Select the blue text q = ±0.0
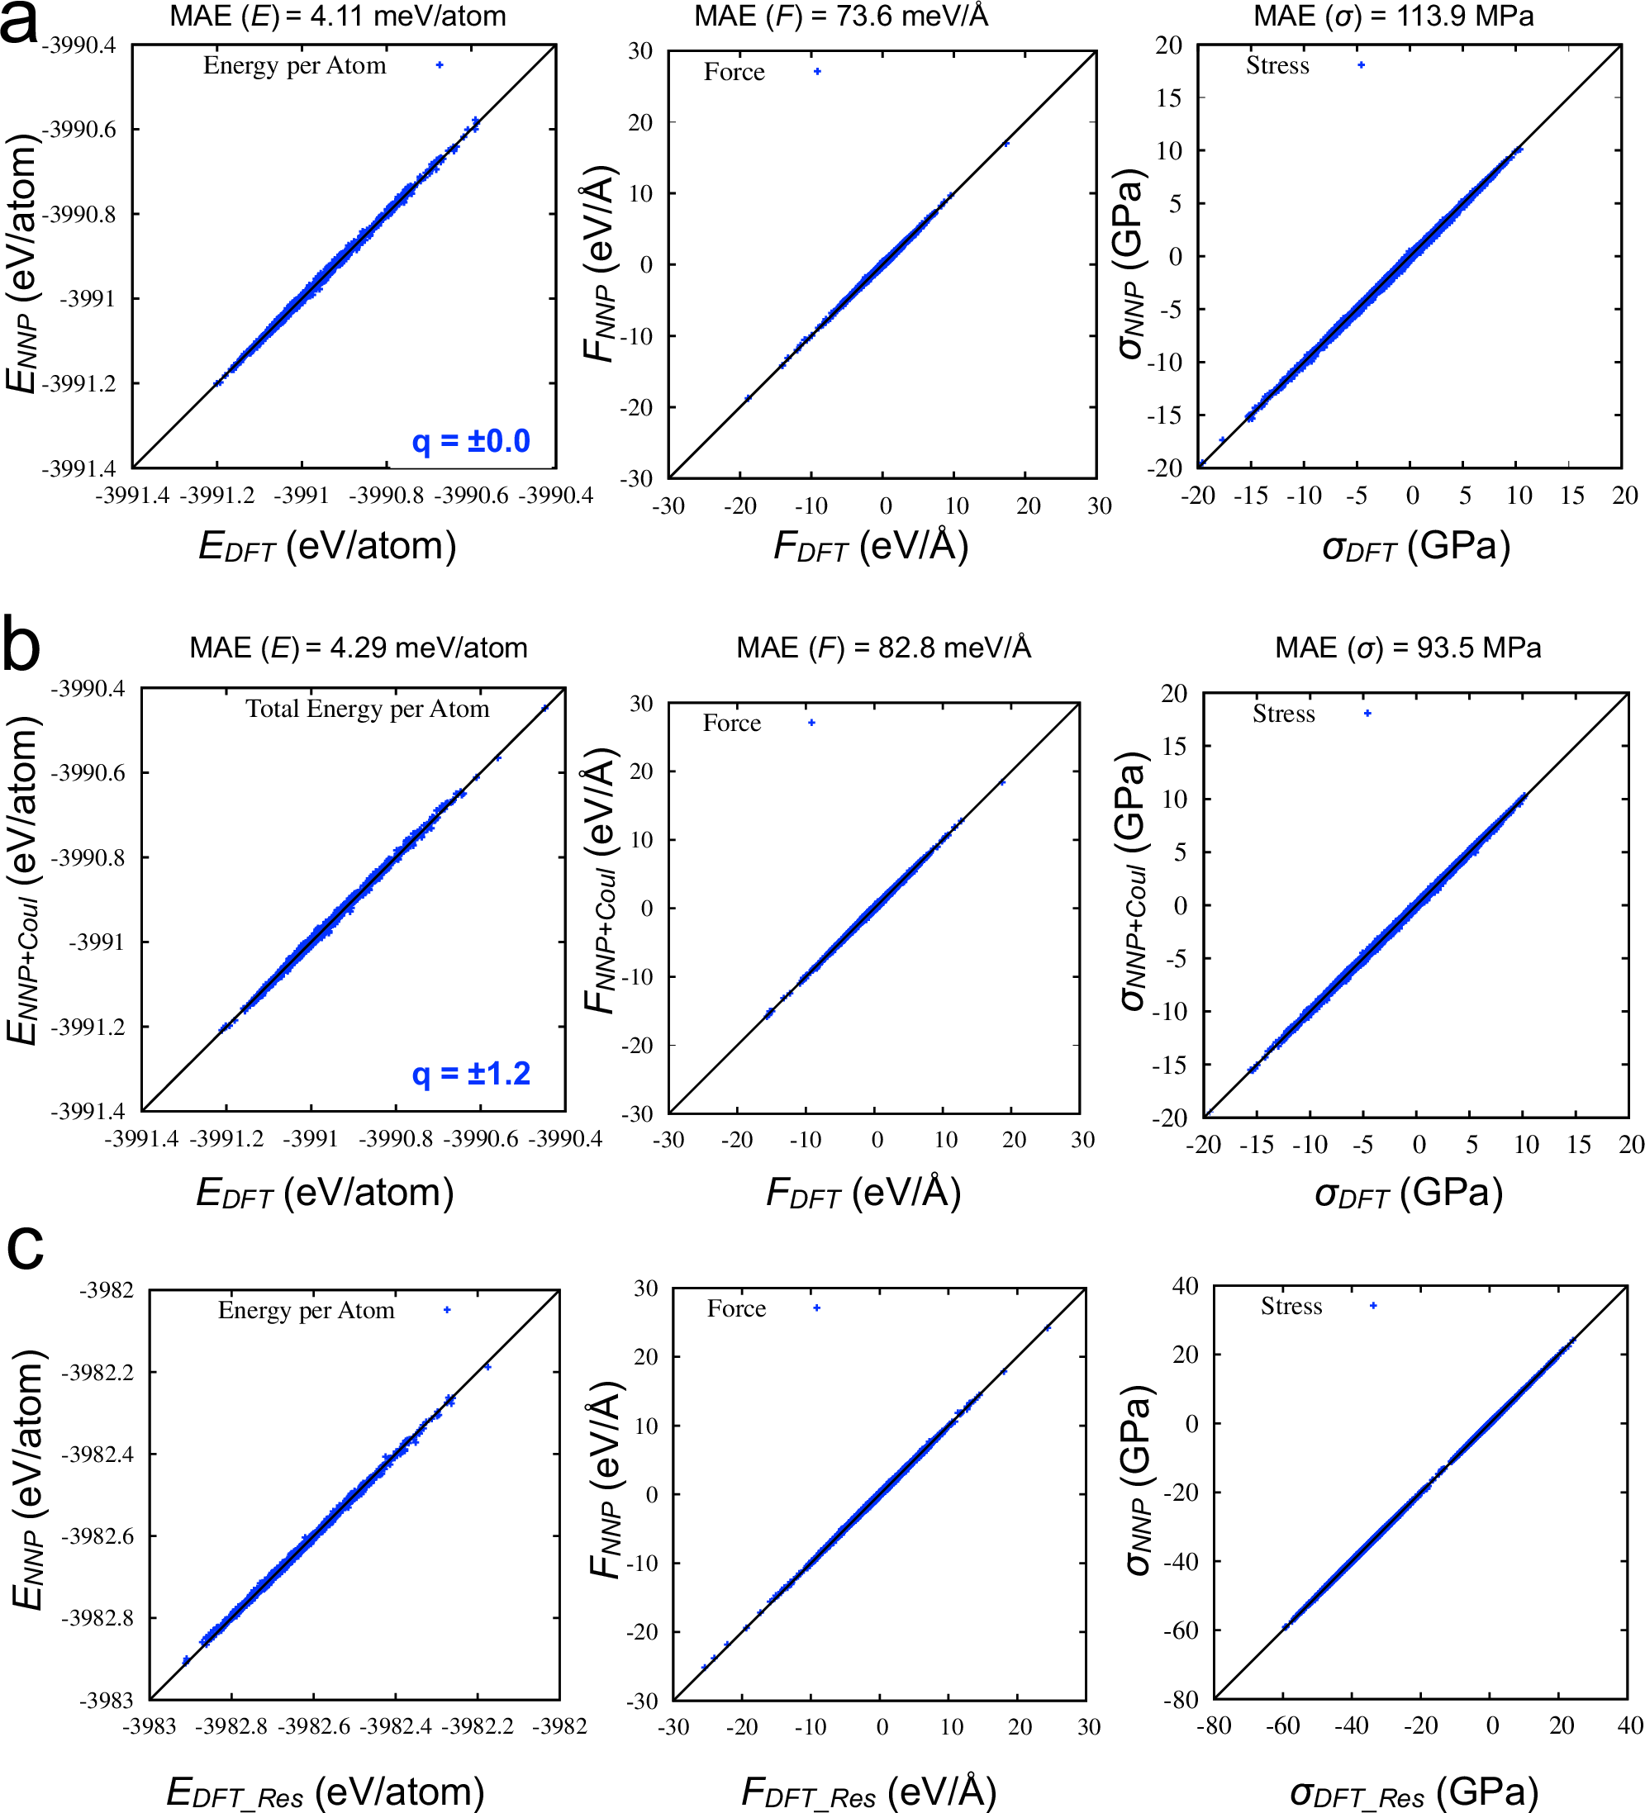[x=470, y=442]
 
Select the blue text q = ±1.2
[x=470, y=1074]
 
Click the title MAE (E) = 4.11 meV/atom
[x=337, y=17]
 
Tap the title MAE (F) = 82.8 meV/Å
[x=883, y=648]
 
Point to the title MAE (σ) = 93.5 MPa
[x=1408, y=648]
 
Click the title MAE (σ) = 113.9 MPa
[x=1393, y=17]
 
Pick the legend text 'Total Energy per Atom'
[x=368, y=710]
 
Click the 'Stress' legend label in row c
[x=1291, y=1306]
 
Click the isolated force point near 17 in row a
[x=1006, y=144]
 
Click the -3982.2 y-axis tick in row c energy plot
[x=96, y=1372]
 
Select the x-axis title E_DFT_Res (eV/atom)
[x=326, y=1792]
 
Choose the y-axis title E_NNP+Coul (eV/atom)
[x=23, y=880]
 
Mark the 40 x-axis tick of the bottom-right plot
[x=1629, y=1725]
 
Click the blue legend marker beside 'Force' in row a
[x=816, y=72]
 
